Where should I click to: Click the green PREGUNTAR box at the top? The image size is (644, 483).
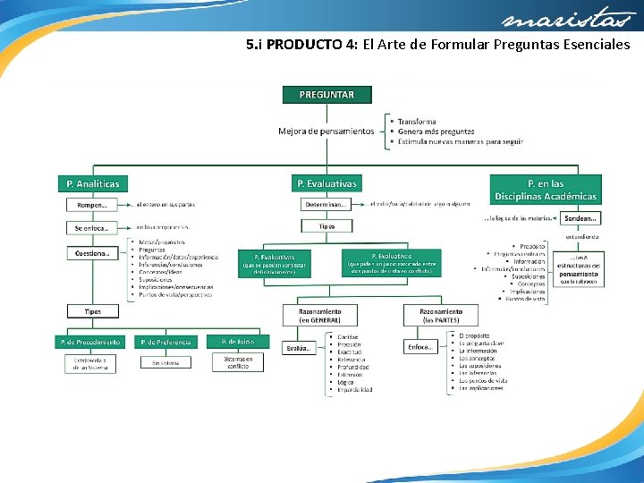[326, 94]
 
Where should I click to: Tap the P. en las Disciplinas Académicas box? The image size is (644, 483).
[546, 190]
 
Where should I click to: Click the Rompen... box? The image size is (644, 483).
[93, 204]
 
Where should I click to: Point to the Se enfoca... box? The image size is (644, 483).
[93, 227]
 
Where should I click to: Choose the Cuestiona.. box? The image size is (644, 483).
[93, 253]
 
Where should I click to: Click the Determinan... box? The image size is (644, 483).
[326, 204]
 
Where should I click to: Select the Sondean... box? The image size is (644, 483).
[581, 217]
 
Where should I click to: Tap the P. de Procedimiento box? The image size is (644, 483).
[90, 342]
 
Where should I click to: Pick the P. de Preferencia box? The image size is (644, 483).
[166, 342]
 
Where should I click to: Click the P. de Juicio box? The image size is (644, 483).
[238, 341]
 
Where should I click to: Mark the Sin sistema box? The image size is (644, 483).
[166, 362]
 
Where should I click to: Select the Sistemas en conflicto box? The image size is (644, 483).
[238, 361]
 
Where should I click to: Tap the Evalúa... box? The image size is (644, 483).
[300, 347]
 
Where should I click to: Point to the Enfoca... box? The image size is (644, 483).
[420, 346]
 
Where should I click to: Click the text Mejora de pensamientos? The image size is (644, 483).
[326, 131]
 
